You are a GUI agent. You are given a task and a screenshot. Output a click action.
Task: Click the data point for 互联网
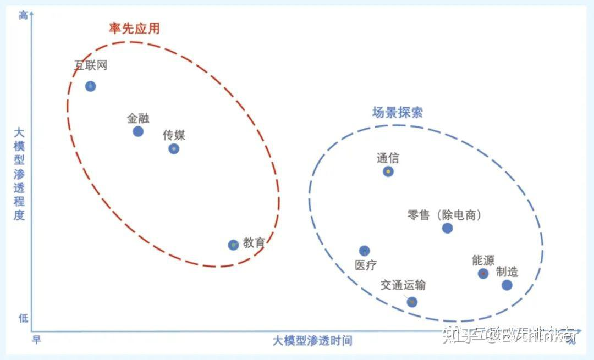pos(91,86)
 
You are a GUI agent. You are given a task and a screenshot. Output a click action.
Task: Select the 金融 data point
pos(138,131)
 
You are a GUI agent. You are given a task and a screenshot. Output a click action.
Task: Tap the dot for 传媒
pos(174,148)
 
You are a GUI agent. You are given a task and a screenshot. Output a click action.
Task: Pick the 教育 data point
pos(233,245)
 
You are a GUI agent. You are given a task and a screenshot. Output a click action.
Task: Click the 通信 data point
pos(388,171)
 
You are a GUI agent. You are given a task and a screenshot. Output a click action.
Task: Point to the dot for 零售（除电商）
pos(447,228)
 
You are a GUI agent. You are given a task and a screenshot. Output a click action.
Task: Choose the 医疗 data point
pos(364,251)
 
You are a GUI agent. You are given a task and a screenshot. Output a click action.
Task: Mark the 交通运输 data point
pos(412,302)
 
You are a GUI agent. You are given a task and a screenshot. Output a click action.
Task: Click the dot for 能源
pos(483,273)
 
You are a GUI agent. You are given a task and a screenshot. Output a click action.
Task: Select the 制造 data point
pos(507,285)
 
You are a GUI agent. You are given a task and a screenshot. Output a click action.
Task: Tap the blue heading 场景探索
pos(398,113)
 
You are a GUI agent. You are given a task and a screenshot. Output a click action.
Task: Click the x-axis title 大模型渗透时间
pos(312,341)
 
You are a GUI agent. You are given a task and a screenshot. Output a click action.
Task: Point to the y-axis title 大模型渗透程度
pos(20,173)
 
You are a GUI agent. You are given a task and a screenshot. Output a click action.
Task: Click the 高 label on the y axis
pos(23,15)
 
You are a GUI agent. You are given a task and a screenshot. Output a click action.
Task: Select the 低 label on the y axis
pos(23,318)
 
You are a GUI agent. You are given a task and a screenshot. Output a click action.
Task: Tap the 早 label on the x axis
pos(36,340)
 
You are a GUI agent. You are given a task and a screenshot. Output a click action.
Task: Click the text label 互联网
pos(91,65)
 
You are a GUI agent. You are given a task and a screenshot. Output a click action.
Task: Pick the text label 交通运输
pos(403,285)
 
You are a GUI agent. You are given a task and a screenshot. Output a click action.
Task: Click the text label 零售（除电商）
pos(444,215)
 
